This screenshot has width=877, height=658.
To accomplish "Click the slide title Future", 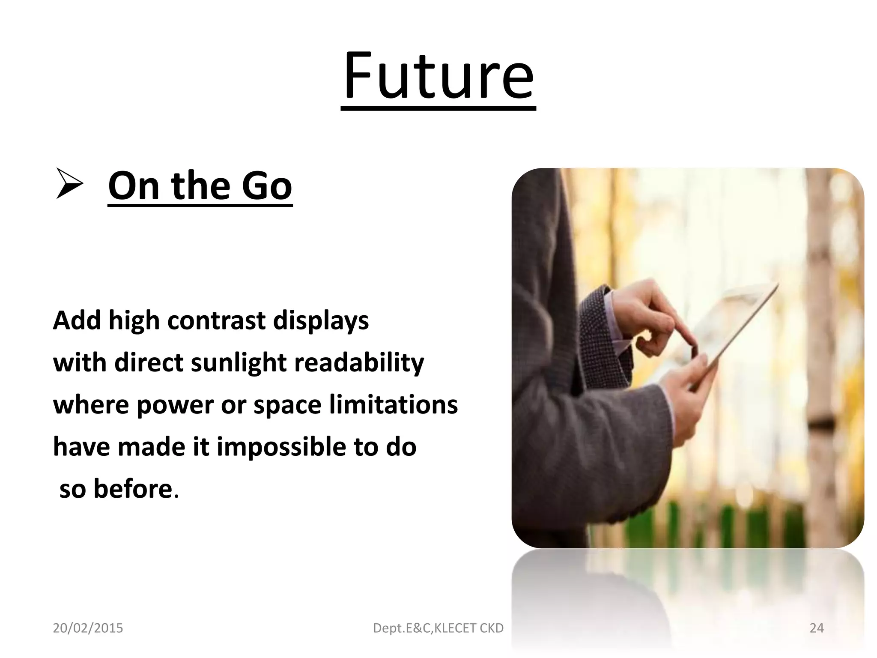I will point(438,77).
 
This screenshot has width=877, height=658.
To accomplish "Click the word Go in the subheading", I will point(266,185).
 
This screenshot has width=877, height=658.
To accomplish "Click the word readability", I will point(359,362).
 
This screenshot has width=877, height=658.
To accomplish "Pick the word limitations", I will point(393,404).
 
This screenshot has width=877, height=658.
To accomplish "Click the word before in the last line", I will point(132,488).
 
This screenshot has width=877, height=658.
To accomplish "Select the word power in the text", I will point(175,405).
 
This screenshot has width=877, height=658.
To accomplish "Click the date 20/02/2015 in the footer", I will point(88,628).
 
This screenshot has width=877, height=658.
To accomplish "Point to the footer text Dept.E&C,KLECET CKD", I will point(438,628).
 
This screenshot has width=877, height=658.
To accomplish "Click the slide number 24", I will point(817,628).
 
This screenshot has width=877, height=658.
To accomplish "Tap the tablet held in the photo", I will point(728,326).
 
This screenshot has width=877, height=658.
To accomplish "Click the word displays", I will point(321,320).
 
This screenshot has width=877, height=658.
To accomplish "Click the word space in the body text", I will point(287,405).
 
